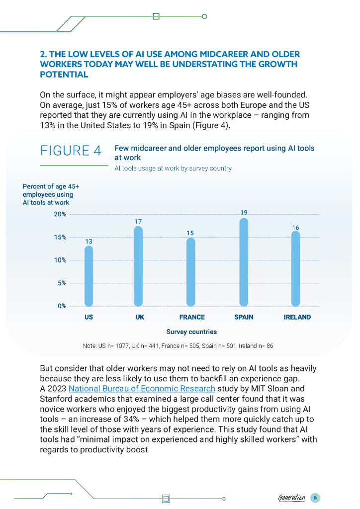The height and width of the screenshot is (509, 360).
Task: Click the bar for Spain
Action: click(x=244, y=262)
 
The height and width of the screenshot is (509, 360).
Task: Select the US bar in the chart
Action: click(x=89, y=276)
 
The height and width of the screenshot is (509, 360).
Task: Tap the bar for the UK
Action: click(x=139, y=266)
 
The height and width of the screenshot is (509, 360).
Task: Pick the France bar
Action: click(x=190, y=271)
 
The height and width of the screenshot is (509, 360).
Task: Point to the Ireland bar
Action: click(x=295, y=268)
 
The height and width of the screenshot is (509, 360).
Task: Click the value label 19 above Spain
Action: click(x=244, y=213)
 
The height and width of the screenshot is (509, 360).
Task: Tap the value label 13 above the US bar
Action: click(x=89, y=241)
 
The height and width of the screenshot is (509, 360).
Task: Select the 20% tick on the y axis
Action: click(x=60, y=214)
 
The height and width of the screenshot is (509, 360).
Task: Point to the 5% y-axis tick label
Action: click(x=62, y=283)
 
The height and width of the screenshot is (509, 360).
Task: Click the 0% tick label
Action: click(x=62, y=306)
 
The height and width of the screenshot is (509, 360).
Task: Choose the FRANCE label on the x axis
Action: click(x=192, y=317)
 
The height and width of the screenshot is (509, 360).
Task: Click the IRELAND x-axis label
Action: click(x=297, y=317)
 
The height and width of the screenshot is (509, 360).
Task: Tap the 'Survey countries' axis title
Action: click(x=191, y=332)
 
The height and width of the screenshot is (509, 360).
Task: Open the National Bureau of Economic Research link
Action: click(x=142, y=388)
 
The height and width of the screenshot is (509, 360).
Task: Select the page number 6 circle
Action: click(x=315, y=498)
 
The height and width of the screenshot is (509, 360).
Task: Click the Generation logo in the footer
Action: click(x=292, y=498)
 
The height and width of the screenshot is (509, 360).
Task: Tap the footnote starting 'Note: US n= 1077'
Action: click(x=179, y=345)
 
